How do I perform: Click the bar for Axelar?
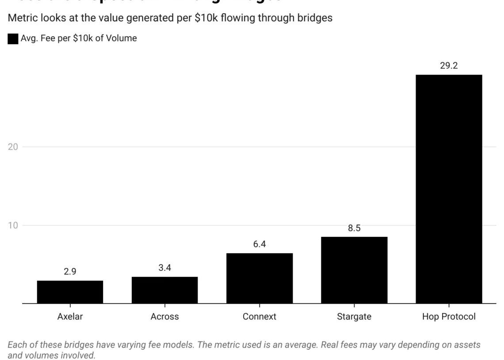click(70, 292)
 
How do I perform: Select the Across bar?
click(164, 290)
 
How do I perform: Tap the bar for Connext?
click(260, 278)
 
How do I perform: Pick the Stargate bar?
click(354, 270)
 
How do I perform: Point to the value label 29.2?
click(449, 66)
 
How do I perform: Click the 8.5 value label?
click(354, 228)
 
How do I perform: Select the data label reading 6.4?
click(260, 244)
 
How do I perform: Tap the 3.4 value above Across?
click(164, 268)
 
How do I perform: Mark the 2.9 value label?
click(70, 272)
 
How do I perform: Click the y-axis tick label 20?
click(13, 147)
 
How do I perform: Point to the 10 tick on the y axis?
click(13, 225)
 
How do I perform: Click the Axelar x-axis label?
click(70, 317)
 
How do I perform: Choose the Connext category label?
click(260, 317)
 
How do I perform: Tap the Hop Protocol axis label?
click(449, 317)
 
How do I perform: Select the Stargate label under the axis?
click(354, 317)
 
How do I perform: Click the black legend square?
click(13, 39)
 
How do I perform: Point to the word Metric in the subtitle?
click(21, 18)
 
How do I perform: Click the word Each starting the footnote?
click(16, 345)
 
